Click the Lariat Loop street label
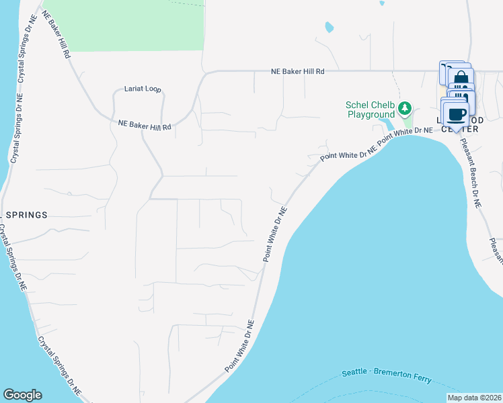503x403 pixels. tap(143, 89)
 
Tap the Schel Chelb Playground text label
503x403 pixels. tap(369, 109)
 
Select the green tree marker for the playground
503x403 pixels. tap(405, 107)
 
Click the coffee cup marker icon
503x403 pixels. tap(455, 113)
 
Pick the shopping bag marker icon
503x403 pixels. tap(461, 79)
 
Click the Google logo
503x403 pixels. tap(22, 395)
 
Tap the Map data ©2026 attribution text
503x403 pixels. tap(474, 398)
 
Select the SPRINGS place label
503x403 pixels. tap(27, 215)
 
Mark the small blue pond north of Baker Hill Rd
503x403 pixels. tap(329, 28)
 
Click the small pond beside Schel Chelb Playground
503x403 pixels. tap(389, 125)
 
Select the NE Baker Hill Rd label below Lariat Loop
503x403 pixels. tap(145, 126)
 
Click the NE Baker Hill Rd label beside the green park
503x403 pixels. tap(57, 34)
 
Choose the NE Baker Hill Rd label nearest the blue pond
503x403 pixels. tap(298, 71)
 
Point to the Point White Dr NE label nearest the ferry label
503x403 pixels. tap(240, 347)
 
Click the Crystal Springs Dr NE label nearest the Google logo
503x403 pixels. tap(59, 367)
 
